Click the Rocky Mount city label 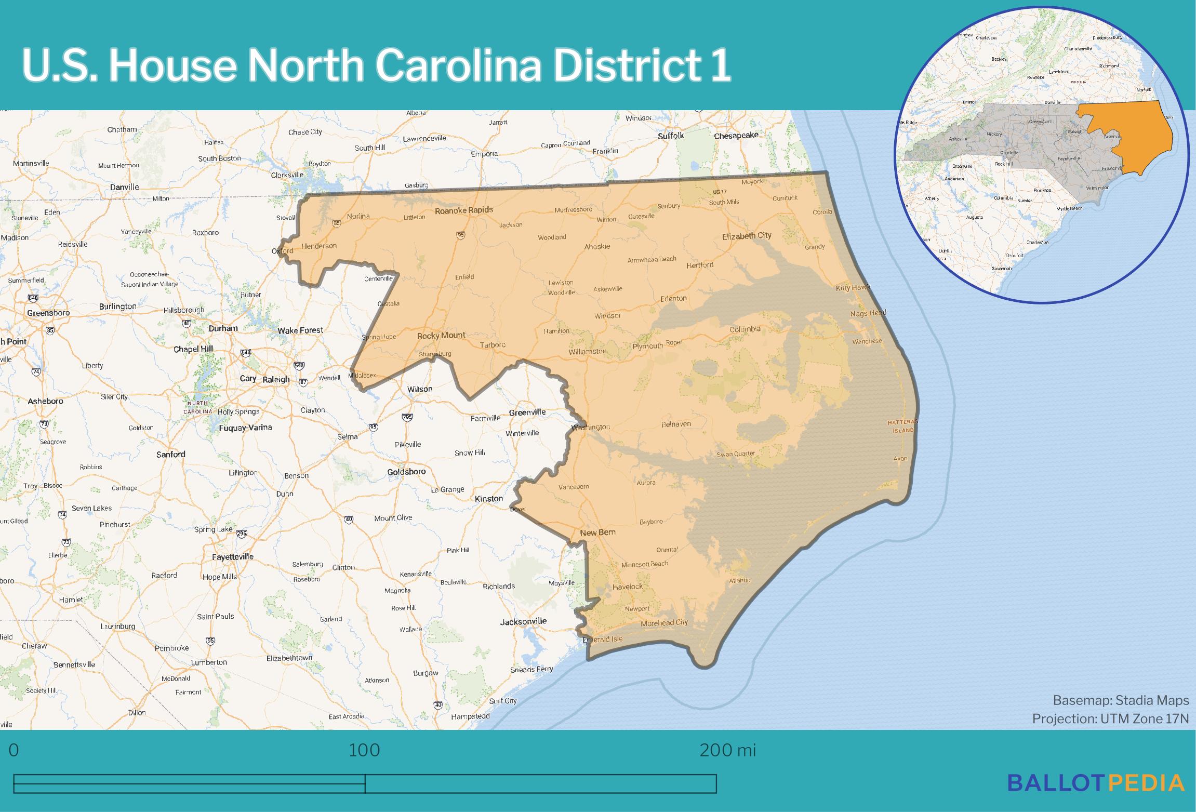click(441, 336)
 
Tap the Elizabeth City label click(747, 236)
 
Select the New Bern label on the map click(597, 533)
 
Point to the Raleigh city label click(276, 379)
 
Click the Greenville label click(527, 412)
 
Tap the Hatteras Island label click(903, 426)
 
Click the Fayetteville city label click(233, 556)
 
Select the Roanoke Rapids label click(463, 210)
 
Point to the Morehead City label click(664, 622)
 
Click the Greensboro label click(48, 313)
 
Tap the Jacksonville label click(523, 621)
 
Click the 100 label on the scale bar click(364, 750)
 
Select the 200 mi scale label click(727, 750)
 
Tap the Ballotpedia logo click(1096, 782)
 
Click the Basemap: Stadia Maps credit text click(1121, 700)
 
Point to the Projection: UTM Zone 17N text click(1110, 718)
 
